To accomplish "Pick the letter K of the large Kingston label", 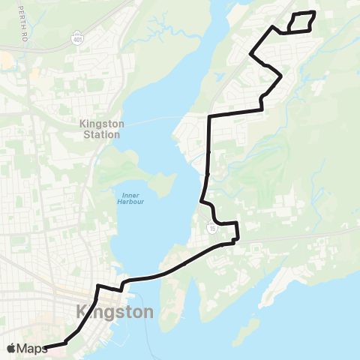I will (82, 311).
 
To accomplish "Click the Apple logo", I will (11, 348).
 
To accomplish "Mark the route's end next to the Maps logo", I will (46, 346).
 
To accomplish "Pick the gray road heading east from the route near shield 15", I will (300, 235).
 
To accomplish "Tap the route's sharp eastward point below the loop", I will (280, 76).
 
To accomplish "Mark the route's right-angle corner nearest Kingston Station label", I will (209, 115).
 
